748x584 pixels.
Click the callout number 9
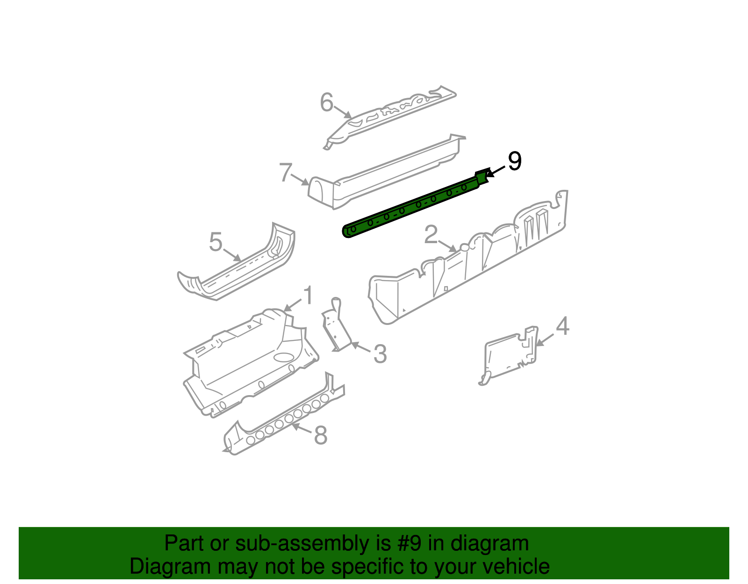[x=514, y=161]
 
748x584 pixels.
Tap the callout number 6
[x=326, y=102]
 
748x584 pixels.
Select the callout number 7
[x=285, y=173]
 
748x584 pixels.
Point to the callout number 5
[x=216, y=242]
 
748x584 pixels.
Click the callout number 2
[x=431, y=235]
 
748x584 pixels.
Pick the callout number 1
[x=308, y=296]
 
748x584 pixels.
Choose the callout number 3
[x=380, y=354]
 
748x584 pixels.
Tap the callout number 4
[x=562, y=326]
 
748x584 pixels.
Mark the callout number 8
[x=320, y=435]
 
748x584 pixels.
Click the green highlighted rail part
[x=411, y=206]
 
